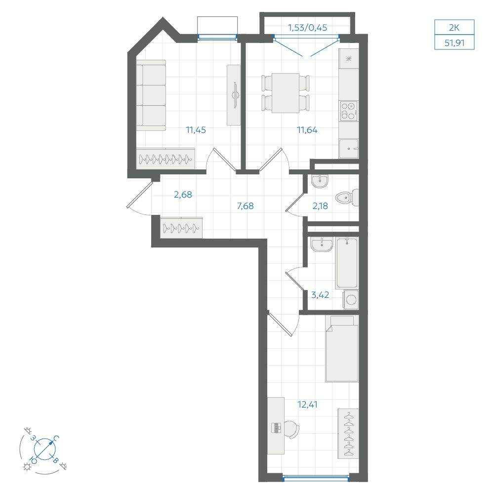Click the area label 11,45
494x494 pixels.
(x=196, y=130)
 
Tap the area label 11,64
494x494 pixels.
(x=307, y=130)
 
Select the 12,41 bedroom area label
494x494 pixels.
(x=307, y=404)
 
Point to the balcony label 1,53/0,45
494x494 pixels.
(x=307, y=28)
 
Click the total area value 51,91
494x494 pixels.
(x=454, y=42)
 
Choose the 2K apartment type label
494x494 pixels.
(x=454, y=28)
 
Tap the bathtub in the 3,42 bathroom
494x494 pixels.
(x=347, y=263)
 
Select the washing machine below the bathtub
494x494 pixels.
(x=351, y=299)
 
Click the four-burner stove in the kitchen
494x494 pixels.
(x=349, y=111)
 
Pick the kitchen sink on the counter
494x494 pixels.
(x=349, y=148)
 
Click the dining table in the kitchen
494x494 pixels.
(x=286, y=93)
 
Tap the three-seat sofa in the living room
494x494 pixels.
(x=151, y=95)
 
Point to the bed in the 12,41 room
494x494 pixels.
(x=342, y=349)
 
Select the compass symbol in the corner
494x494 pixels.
(x=44, y=448)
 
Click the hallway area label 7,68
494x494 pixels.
(x=245, y=206)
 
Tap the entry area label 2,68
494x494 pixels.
(x=183, y=195)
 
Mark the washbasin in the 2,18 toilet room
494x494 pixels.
(x=320, y=181)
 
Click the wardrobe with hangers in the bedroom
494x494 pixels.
(x=348, y=434)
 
